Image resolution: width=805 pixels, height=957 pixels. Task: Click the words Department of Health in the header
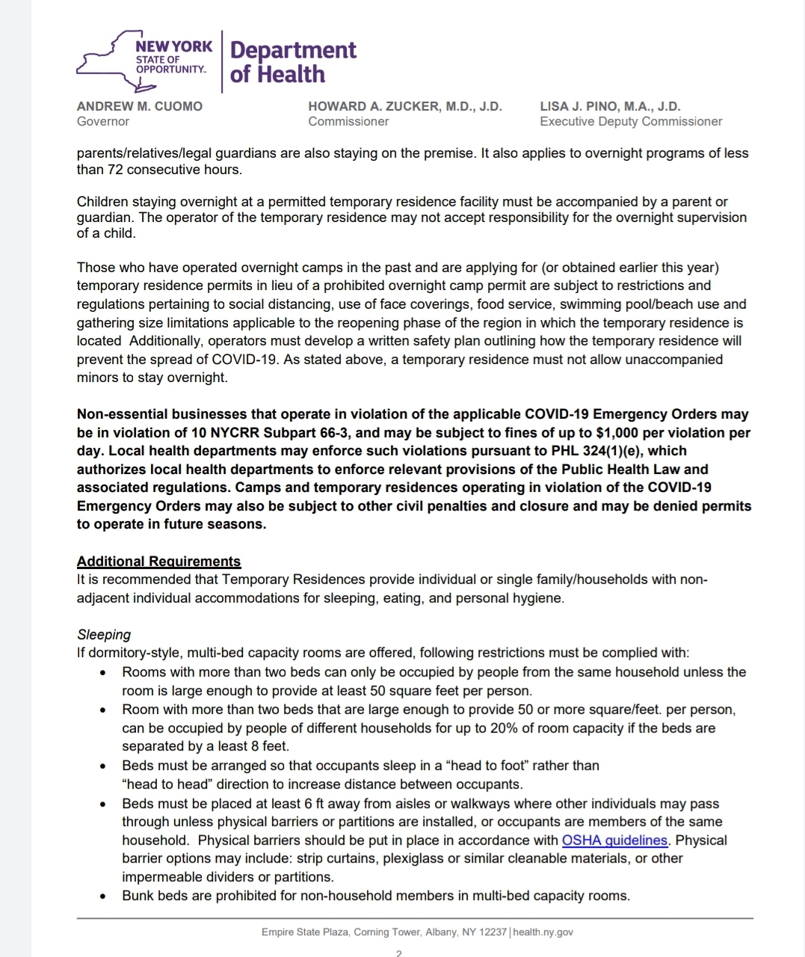(x=293, y=62)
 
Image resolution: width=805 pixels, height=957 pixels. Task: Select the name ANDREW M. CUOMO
(x=139, y=106)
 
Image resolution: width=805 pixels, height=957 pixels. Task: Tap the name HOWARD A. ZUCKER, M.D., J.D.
(x=404, y=106)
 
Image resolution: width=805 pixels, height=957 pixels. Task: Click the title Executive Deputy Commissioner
(x=631, y=121)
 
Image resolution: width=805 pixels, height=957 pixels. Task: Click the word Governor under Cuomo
(x=102, y=121)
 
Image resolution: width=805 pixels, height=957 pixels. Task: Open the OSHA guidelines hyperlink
(x=614, y=840)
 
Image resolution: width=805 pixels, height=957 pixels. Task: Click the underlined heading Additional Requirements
(x=158, y=561)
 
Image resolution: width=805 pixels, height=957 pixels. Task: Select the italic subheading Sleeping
(x=104, y=635)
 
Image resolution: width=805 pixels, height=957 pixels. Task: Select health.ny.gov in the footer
(x=543, y=932)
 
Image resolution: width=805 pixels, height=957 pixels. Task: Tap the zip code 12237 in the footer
(x=493, y=932)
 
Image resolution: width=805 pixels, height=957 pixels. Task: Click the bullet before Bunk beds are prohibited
(x=103, y=896)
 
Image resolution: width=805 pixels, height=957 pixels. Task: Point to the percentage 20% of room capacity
(x=553, y=728)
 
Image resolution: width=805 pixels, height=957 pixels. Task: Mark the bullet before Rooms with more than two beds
(x=103, y=673)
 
